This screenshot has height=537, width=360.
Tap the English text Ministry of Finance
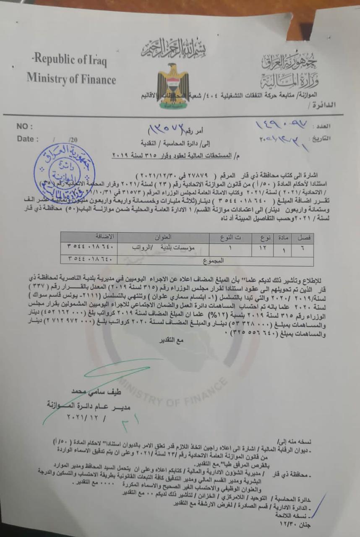(x=71, y=78)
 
